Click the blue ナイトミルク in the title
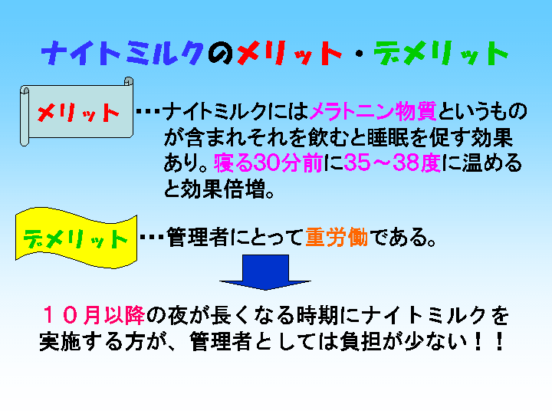click(123, 53)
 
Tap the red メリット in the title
click(289, 53)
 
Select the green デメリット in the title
click(441, 53)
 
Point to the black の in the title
click(221, 54)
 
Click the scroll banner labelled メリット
click(77, 112)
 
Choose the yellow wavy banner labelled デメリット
click(76, 238)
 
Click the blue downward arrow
click(265, 272)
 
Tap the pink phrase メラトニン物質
click(373, 111)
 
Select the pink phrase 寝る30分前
click(268, 163)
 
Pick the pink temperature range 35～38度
click(393, 163)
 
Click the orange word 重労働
click(337, 237)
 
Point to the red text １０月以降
click(94, 315)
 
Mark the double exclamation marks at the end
click(489, 341)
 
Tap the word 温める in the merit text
click(491, 163)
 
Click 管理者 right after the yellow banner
click(198, 237)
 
